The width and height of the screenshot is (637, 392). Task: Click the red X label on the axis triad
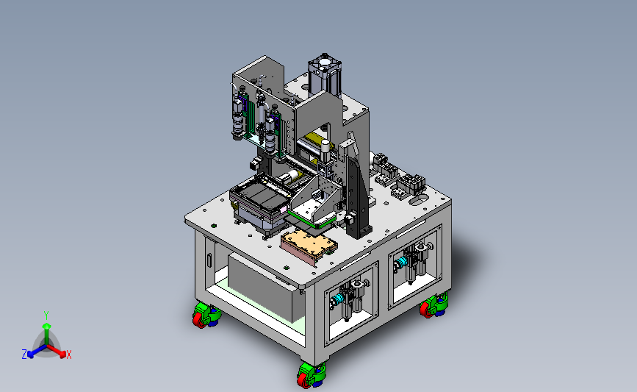(68, 354)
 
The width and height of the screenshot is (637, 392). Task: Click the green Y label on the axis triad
(46, 316)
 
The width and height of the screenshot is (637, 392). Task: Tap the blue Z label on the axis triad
(24, 354)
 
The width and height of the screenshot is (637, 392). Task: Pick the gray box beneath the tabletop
(265, 286)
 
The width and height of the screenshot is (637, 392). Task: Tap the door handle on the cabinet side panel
(209, 260)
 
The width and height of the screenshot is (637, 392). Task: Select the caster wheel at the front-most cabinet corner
(312, 374)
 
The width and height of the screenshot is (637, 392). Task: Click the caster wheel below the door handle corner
(206, 316)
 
